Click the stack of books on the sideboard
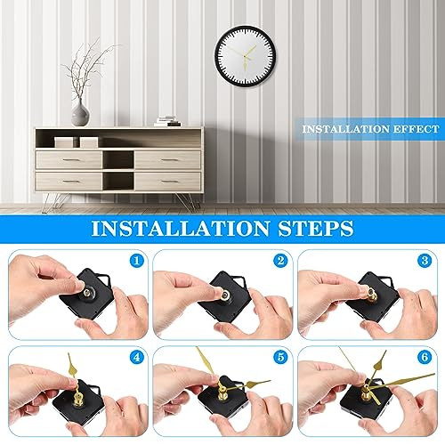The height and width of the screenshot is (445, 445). pos(166,120)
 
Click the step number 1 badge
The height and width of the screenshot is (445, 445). pos(136,263)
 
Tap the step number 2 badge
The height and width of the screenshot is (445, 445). pos(279,263)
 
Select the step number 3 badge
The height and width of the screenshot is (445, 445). pos(424,263)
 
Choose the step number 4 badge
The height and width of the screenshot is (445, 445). pos(136,358)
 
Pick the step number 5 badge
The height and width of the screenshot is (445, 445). pos(279,358)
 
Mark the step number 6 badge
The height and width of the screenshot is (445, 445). pos(424,358)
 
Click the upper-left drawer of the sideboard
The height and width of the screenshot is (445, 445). pos(68,159)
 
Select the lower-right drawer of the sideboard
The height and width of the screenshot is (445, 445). pos(167,181)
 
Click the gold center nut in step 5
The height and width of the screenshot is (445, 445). pos(219,388)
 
